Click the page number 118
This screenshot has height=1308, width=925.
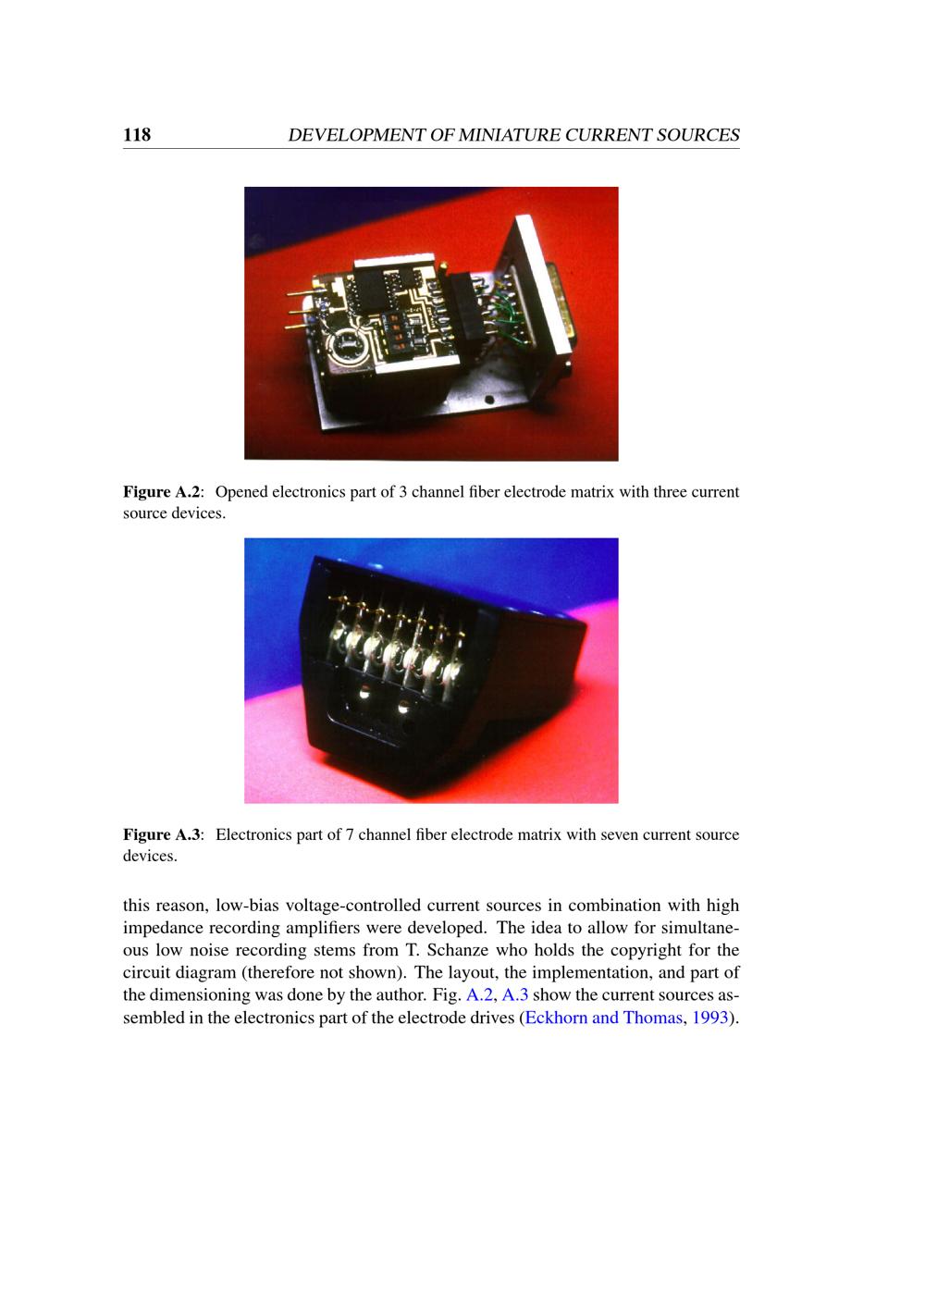(x=137, y=134)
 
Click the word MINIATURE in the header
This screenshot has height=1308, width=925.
(x=510, y=135)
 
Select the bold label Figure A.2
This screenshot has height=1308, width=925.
(x=163, y=492)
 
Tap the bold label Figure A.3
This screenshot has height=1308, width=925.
(x=163, y=834)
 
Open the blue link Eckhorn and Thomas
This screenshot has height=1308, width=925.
(x=603, y=1018)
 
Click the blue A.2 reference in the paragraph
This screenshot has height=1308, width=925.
(x=479, y=995)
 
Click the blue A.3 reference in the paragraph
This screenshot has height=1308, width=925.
(x=514, y=995)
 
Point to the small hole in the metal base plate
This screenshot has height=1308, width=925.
(x=489, y=400)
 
